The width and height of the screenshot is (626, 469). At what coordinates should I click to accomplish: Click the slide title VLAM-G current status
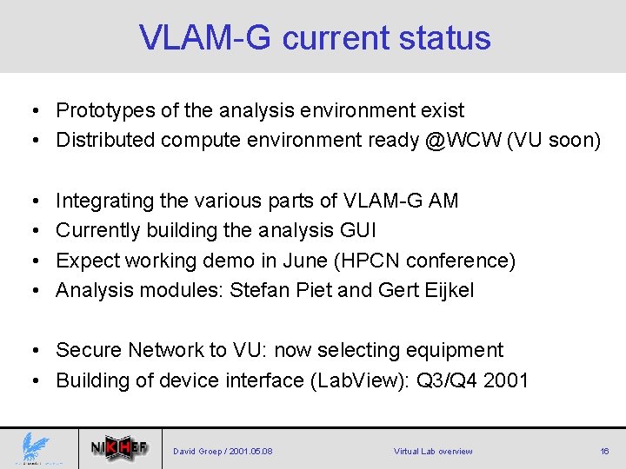click(x=315, y=37)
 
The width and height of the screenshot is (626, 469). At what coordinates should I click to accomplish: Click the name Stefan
click(x=258, y=290)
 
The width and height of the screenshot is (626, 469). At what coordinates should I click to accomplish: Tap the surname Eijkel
click(x=448, y=290)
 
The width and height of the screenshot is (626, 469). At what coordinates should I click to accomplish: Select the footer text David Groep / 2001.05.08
click(x=223, y=452)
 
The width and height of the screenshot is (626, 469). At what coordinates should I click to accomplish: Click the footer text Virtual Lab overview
click(x=433, y=452)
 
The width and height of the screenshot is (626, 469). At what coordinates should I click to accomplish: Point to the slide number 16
click(x=603, y=452)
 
